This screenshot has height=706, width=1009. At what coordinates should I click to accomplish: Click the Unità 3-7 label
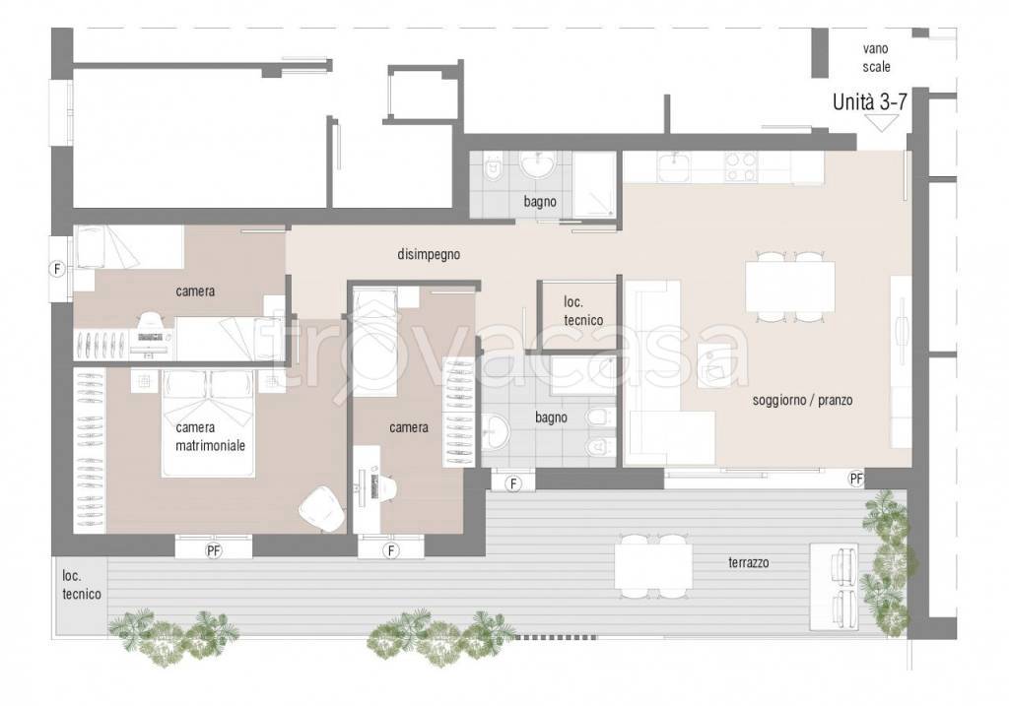869,102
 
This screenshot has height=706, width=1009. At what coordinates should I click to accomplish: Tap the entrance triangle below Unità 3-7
882,123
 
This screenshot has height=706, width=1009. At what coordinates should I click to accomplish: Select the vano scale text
876,57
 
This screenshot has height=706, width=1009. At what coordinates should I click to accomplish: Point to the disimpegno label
429,254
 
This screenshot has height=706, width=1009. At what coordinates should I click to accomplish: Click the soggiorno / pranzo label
802,400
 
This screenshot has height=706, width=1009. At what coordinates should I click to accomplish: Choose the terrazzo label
749,562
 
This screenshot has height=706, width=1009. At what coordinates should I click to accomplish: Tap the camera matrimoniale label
210,436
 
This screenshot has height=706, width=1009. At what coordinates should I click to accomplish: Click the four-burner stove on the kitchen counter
741,166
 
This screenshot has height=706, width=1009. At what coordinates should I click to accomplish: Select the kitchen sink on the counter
674,166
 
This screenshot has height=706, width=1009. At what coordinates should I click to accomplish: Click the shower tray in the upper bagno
594,185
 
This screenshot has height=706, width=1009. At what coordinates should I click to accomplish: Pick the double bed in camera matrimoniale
208,423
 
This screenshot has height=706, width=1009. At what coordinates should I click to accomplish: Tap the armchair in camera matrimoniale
322,509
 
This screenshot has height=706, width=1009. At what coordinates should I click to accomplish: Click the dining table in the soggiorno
790,288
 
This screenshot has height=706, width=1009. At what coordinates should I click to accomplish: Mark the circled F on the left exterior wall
58,269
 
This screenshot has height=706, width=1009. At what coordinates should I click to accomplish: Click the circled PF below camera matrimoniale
213,550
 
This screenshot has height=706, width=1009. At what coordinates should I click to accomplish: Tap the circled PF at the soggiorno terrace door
856,479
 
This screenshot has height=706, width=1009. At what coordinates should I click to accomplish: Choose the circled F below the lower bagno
512,482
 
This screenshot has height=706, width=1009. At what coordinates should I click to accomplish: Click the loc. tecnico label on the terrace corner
81,585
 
